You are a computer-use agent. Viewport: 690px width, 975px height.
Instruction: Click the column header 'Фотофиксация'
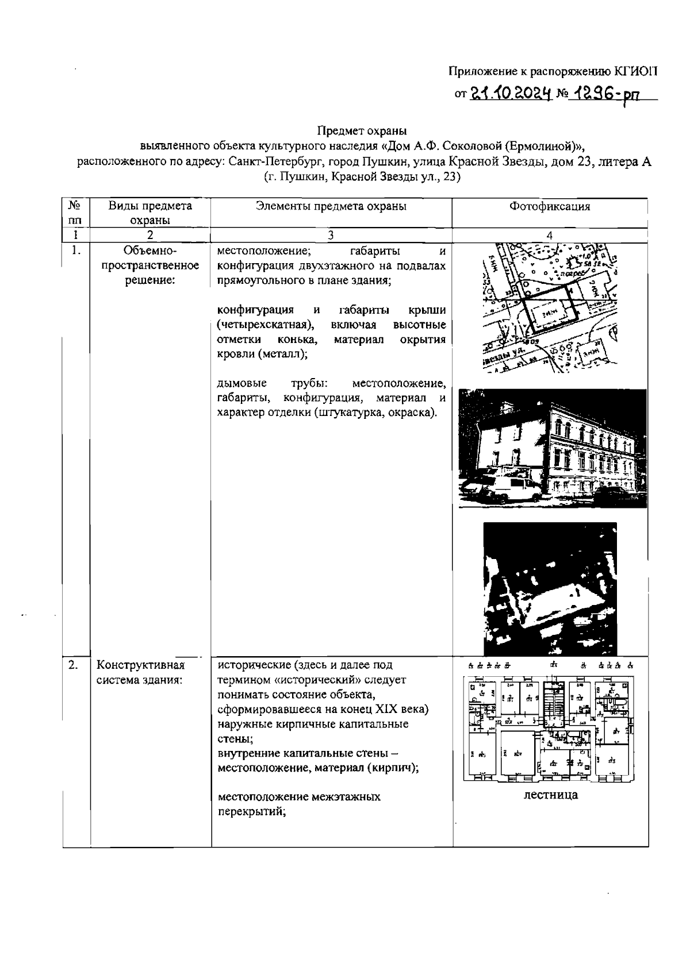click(x=550, y=207)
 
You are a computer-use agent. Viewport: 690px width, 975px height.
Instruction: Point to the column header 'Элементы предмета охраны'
click(x=331, y=207)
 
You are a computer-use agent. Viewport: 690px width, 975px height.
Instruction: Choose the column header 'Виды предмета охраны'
click(x=150, y=213)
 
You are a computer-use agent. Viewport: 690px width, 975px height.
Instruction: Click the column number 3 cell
click(x=331, y=234)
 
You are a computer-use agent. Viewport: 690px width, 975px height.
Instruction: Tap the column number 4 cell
click(x=550, y=234)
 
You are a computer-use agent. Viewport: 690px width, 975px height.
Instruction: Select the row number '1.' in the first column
click(x=75, y=251)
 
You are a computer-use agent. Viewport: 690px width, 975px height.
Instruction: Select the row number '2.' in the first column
click(x=74, y=665)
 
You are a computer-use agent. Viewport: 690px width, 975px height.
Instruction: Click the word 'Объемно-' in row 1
click(x=150, y=251)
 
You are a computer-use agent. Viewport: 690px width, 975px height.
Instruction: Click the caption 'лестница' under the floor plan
click(x=550, y=795)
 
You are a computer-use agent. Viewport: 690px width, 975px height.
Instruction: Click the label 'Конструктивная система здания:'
click(x=141, y=672)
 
